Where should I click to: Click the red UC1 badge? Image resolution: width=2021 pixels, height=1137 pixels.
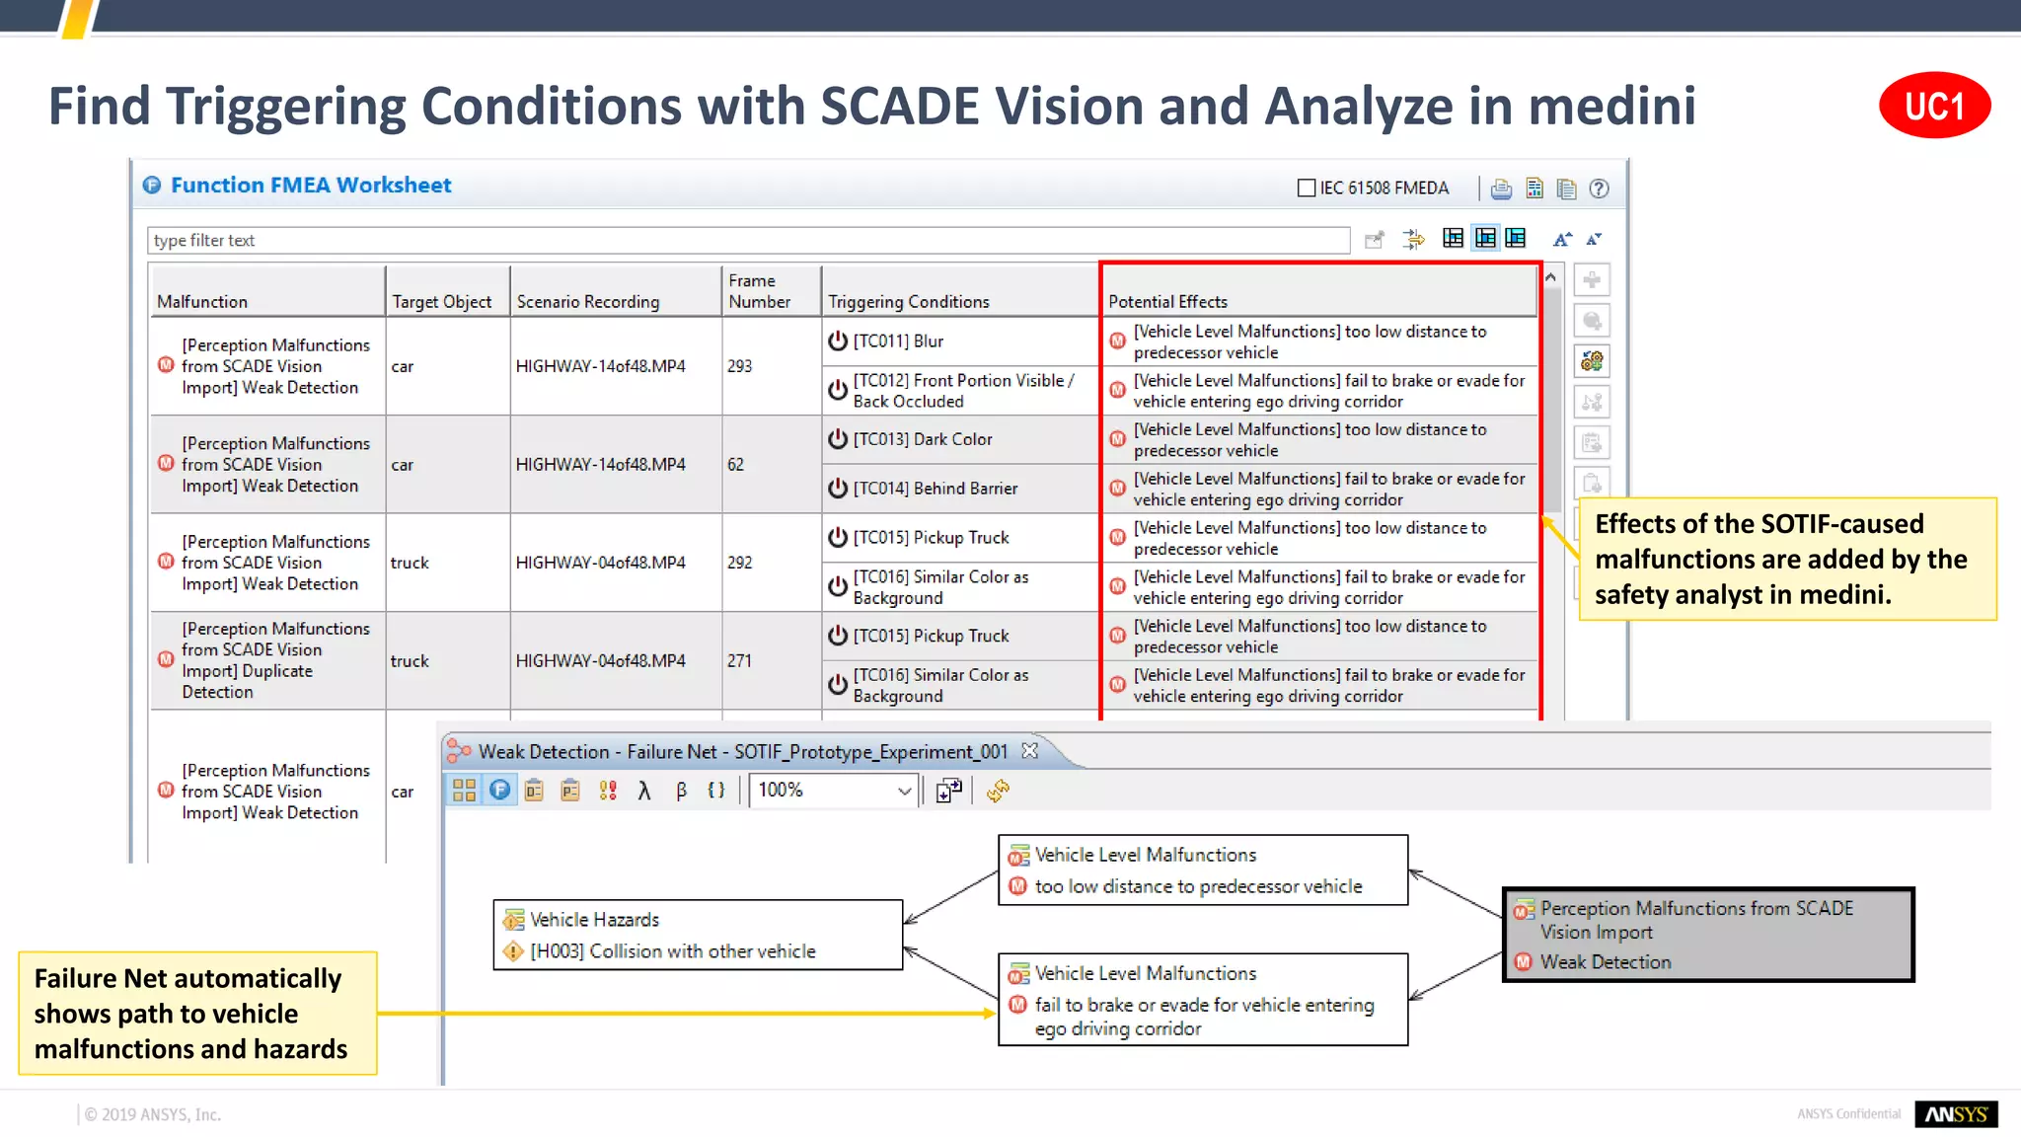click(x=1933, y=106)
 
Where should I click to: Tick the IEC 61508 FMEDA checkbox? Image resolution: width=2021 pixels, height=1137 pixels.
click(x=1307, y=188)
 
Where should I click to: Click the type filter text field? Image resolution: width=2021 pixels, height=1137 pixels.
click(x=748, y=240)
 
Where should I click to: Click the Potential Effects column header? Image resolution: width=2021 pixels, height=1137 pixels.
click(x=1318, y=301)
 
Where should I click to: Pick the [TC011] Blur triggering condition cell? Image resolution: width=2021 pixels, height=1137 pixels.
click(x=959, y=341)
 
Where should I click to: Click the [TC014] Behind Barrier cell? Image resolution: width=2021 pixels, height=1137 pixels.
click(x=959, y=489)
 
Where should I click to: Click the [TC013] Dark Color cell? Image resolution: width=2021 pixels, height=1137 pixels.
click(x=959, y=439)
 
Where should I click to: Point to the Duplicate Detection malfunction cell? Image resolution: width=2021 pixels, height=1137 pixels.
click(x=266, y=660)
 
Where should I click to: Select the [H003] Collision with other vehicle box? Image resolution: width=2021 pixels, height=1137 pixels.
click(x=698, y=935)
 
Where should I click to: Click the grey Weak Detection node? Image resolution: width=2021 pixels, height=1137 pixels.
click(x=1707, y=935)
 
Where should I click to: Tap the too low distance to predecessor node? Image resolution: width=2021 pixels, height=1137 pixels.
click(x=1202, y=871)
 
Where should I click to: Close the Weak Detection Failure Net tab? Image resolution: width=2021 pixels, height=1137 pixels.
click(x=1030, y=751)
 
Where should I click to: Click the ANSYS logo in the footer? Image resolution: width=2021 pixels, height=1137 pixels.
click(x=1955, y=1114)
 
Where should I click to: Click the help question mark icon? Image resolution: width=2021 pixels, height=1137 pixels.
click(x=1599, y=189)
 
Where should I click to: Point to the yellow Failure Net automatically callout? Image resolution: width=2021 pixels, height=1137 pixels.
click(x=197, y=1013)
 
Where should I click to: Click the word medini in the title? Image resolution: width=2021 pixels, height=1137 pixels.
click(x=1611, y=106)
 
